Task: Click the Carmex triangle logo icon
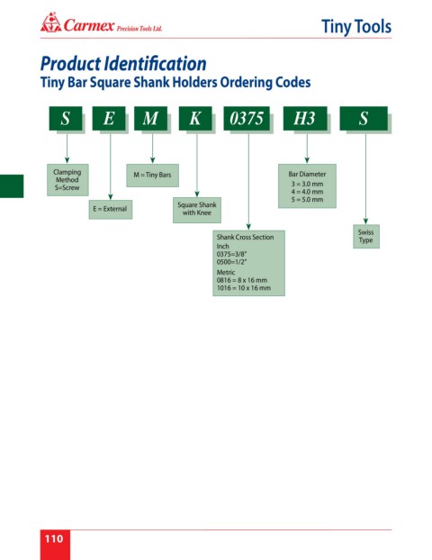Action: pos(50,23)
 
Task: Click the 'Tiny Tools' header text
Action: pos(356,26)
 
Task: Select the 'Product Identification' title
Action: pos(123,64)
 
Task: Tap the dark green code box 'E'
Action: pos(109,118)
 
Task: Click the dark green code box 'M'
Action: pos(150,118)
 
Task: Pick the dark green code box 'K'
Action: pos(195,118)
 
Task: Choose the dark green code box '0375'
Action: pos(247,118)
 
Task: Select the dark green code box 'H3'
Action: pos(305,118)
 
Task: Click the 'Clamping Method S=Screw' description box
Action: pos(67,180)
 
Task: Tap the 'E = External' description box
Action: pos(111,209)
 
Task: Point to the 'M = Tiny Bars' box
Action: pos(152,175)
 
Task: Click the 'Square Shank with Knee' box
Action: pos(197,210)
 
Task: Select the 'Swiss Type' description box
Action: pos(366,236)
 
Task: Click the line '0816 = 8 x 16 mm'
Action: pos(242,280)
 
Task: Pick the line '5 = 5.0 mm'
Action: pos(307,200)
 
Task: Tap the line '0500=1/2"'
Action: pos(231,262)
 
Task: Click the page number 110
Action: pos(54,538)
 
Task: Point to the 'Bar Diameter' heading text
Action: pos(307,175)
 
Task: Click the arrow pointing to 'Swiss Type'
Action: pos(365,177)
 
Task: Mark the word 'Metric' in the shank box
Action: pos(226,272)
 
